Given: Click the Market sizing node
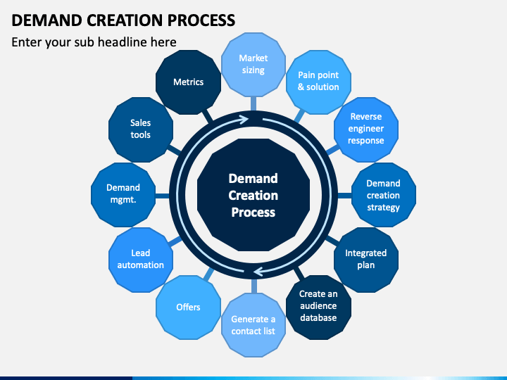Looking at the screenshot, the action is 254,65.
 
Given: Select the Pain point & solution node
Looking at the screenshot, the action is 318,82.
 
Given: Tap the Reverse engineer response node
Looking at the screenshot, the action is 366,129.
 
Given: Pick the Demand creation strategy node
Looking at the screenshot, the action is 384,195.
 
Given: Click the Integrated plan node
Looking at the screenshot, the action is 366,260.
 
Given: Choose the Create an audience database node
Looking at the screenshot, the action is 318,308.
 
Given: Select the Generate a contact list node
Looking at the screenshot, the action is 254,324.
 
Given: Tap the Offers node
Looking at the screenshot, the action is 189,308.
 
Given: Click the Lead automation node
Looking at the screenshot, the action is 141,260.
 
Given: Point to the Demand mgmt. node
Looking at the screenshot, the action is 123,195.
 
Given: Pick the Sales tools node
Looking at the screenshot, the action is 141,129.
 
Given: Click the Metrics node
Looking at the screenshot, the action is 189,82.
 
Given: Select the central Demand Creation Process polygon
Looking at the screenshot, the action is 254,195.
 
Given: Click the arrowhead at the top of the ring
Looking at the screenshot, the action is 243,120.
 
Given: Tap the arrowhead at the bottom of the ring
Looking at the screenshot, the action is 260,271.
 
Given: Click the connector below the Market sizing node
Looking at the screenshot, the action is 254,103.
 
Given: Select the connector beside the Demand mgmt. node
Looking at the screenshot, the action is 163,196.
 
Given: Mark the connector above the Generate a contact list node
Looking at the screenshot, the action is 254,286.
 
